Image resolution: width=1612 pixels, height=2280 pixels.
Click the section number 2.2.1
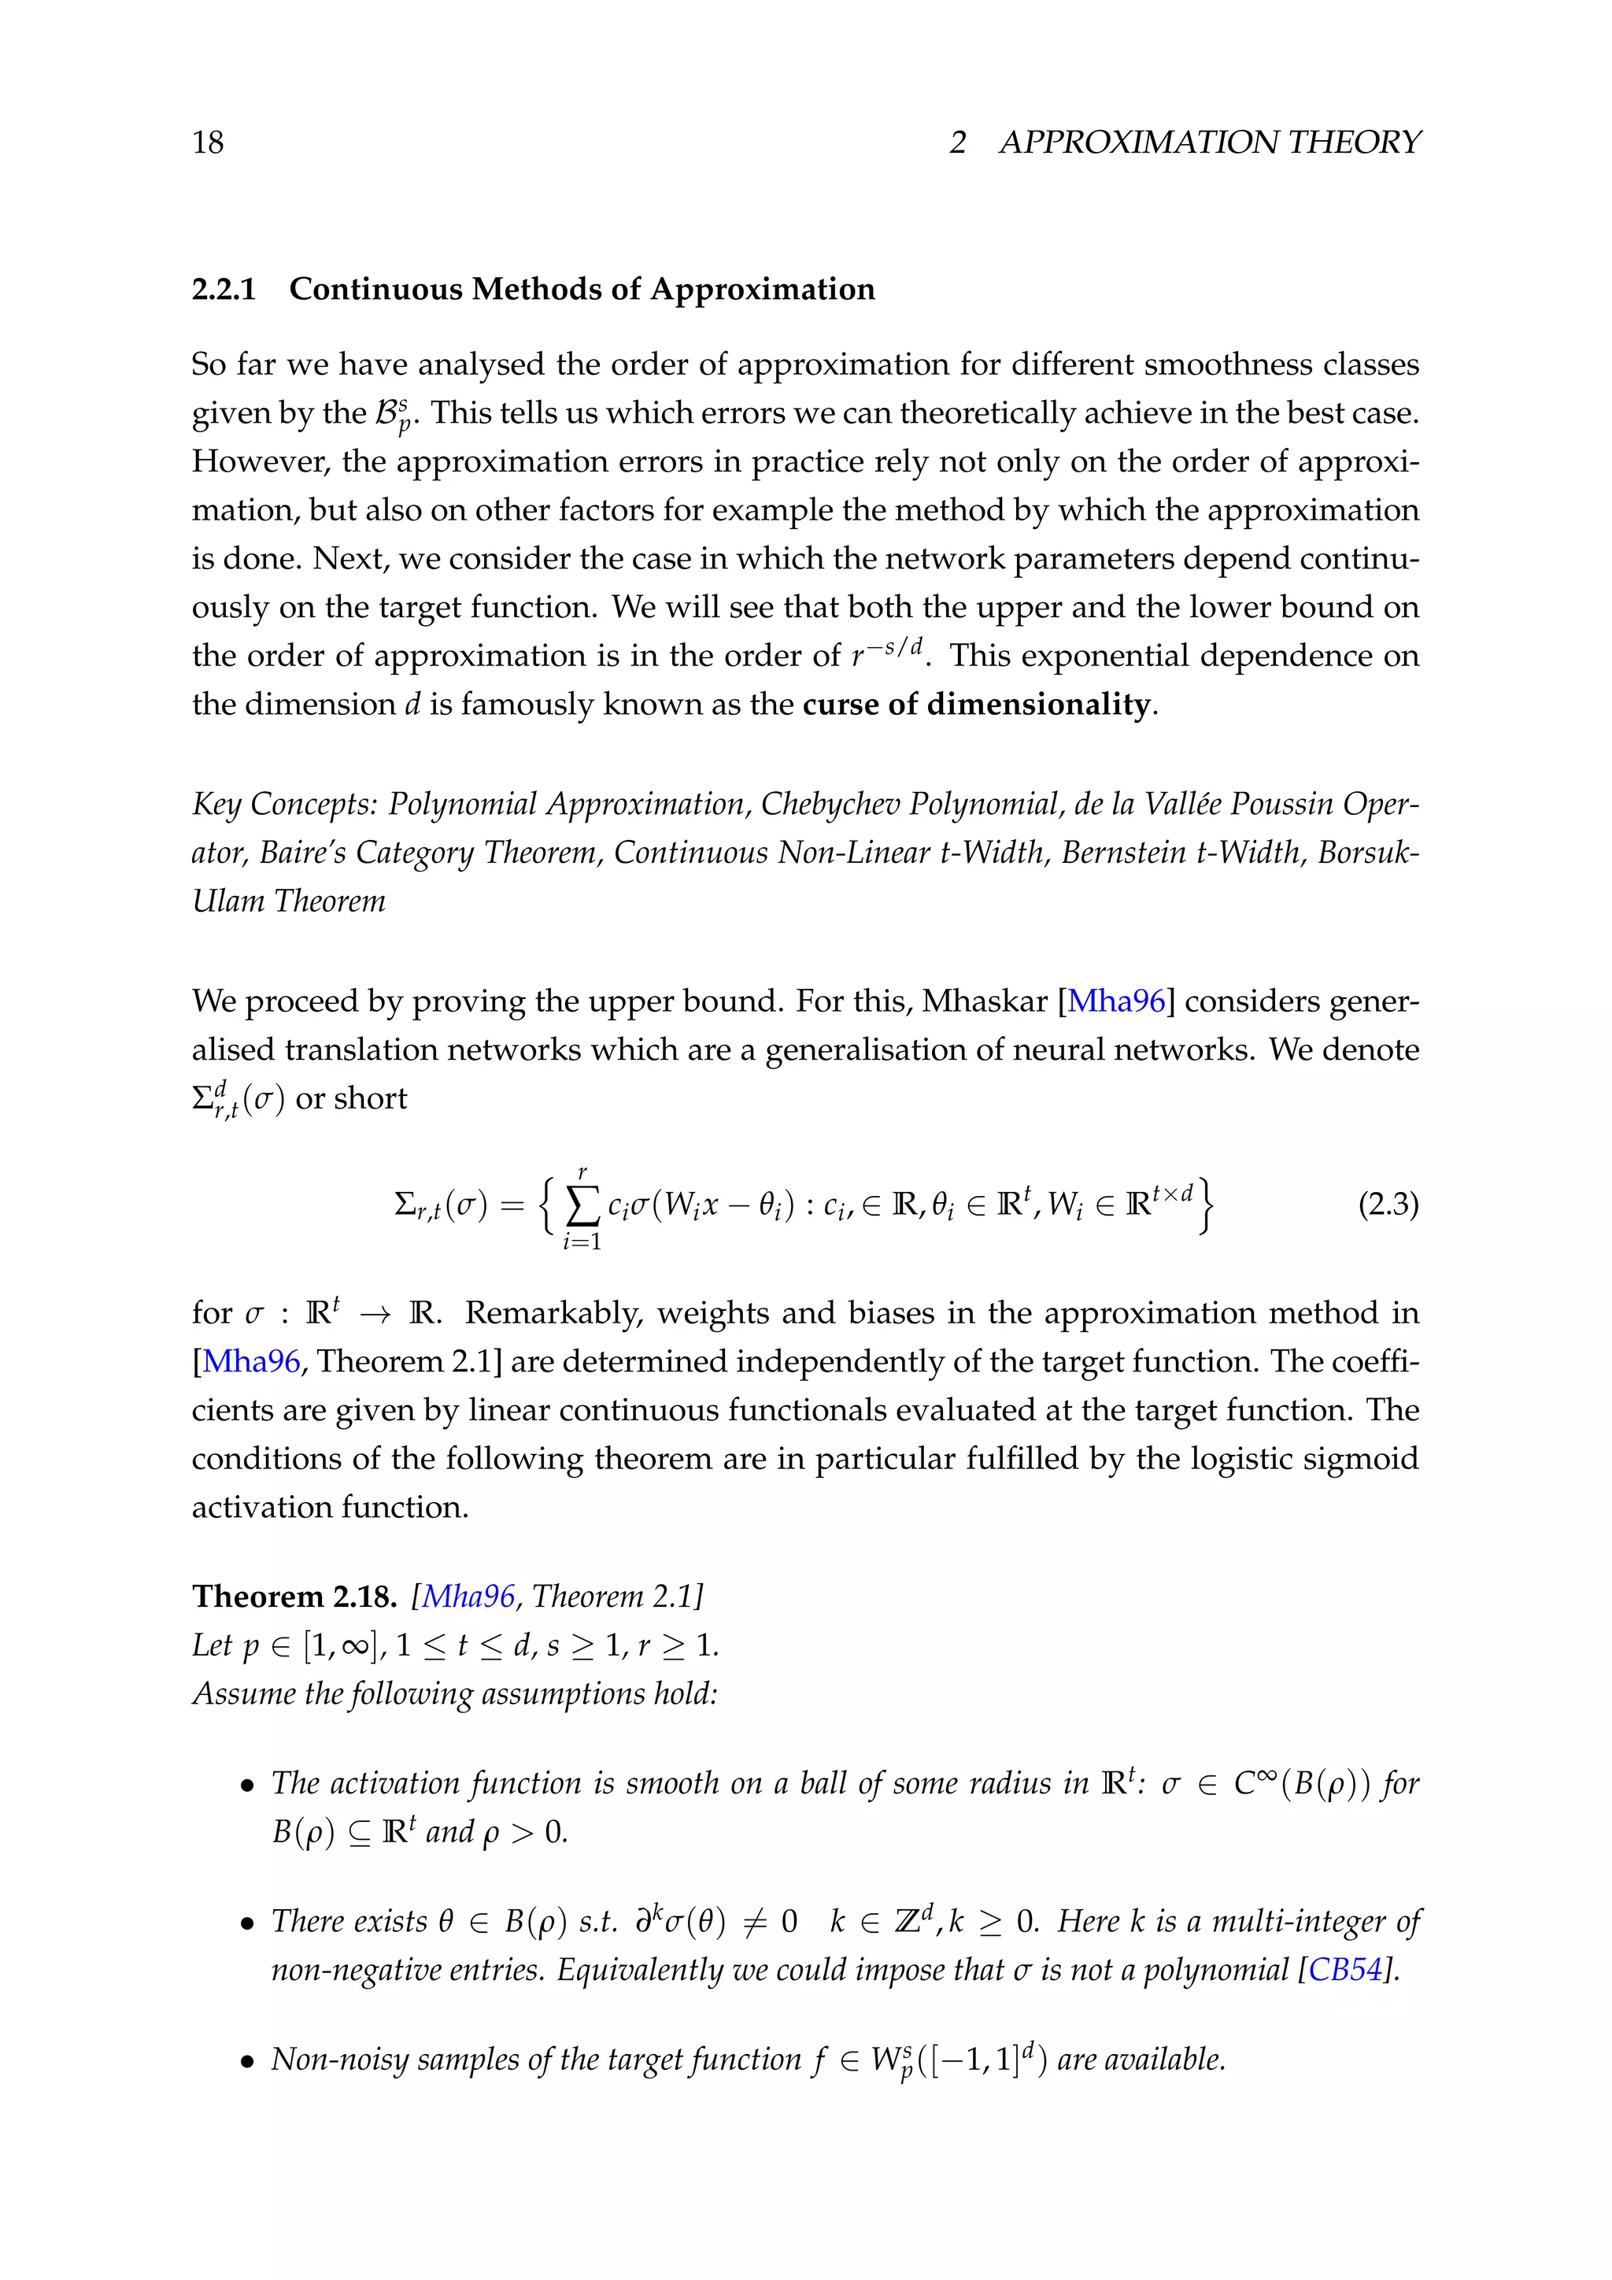(224, 289)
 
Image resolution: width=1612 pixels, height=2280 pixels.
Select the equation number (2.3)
(1388, 1205)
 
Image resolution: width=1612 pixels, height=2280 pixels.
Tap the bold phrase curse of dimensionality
(976, 704)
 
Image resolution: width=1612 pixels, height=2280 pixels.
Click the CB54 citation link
(1345, 1970)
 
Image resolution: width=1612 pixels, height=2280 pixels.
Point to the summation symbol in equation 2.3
(582, 1207)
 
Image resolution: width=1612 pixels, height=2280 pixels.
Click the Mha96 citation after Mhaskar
(1115, 1001)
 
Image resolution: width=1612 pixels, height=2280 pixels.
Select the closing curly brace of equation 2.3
(1205, 1205)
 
